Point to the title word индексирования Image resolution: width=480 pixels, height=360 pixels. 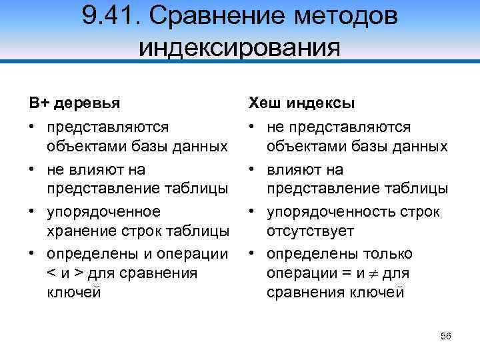coord(239,47)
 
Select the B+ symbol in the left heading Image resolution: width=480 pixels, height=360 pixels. coord(38,103)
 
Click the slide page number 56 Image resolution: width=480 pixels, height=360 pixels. coord(446,336)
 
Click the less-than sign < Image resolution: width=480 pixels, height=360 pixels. coord(51,273)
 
